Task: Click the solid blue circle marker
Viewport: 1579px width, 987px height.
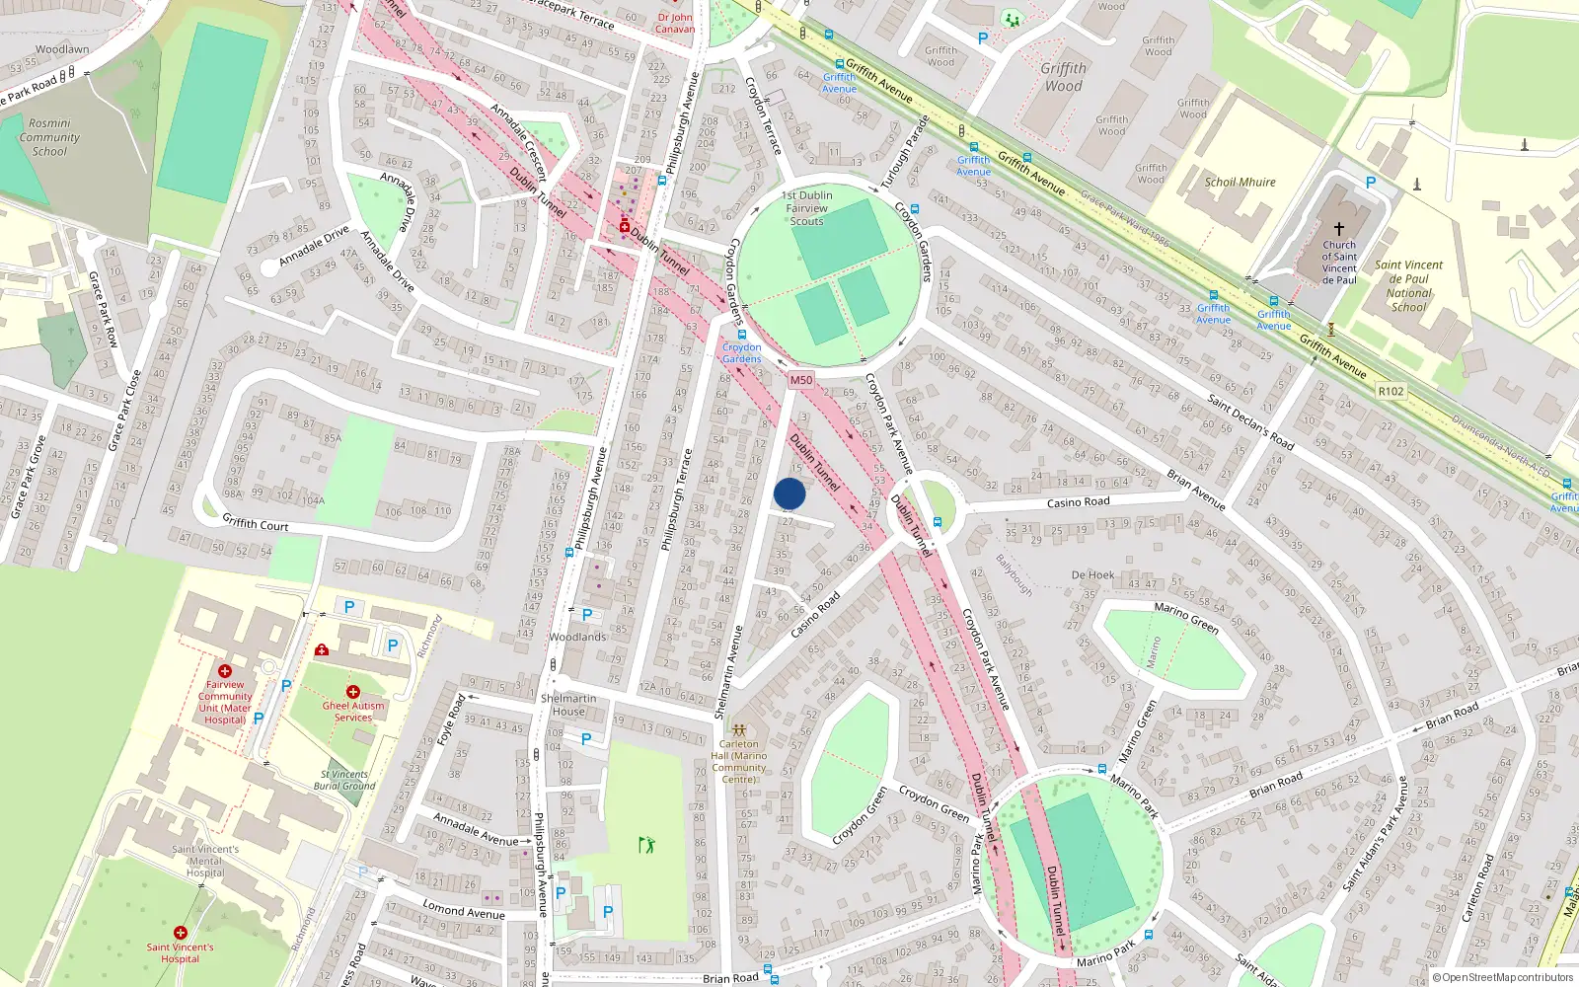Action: tap(789, 493)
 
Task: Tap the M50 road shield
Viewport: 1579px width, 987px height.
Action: tap(800, 380)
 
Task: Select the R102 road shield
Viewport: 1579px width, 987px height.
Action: tap(1391, 391)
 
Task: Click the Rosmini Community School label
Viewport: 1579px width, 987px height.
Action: tap(49, 138)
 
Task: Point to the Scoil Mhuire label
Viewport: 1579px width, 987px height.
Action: tap(1240, 183)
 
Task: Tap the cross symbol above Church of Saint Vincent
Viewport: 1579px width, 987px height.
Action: tap(1339, 228)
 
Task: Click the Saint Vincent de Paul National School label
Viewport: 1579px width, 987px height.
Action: tap(1408, 286)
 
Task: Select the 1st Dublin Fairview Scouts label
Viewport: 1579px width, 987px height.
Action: tap(806, 208)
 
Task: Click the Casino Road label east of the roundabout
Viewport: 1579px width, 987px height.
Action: tap(1078, 502)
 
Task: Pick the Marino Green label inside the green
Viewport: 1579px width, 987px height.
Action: tap(1186, 618)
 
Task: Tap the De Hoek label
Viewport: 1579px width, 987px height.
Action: tap(1092, 574)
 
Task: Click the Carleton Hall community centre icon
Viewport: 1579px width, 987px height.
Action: tap(738, 730)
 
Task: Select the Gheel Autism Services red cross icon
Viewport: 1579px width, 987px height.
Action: tap(352, 692)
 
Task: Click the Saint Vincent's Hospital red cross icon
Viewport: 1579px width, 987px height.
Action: tap(180, 933)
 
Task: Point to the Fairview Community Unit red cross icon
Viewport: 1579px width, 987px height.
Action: tap(225, 671)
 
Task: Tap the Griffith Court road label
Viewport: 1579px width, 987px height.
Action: tap(255, 523)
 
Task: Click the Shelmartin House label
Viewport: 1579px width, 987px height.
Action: tap(568, 705)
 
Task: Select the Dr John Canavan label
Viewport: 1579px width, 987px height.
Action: tap(675, 23)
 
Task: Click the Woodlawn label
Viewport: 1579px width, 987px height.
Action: tap(62, 49)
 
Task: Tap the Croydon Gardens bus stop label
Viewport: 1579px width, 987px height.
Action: tap(741, 353)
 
